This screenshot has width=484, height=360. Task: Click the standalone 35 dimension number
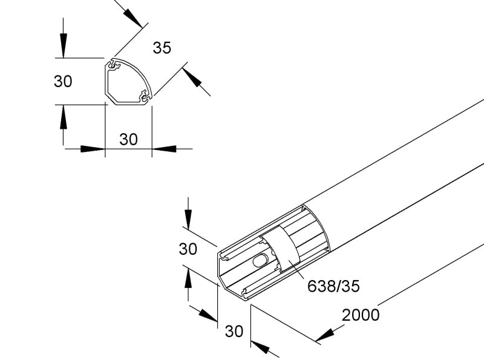162,48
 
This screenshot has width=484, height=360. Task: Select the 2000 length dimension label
361,315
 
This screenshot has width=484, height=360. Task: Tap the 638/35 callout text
333,286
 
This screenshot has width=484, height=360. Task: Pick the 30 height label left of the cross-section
63,81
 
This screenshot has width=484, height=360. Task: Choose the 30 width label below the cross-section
128,139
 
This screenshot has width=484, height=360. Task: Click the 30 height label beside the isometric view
188,249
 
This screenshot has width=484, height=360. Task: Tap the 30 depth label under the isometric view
234,332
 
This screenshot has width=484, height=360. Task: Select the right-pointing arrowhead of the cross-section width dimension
93,149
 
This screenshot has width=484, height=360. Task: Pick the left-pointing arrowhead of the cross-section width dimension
164,149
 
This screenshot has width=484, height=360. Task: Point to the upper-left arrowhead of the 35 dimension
133,18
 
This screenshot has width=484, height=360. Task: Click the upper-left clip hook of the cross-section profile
113,65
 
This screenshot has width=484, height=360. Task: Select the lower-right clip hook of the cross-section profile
145,96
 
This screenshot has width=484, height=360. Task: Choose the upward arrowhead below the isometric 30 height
188,277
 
